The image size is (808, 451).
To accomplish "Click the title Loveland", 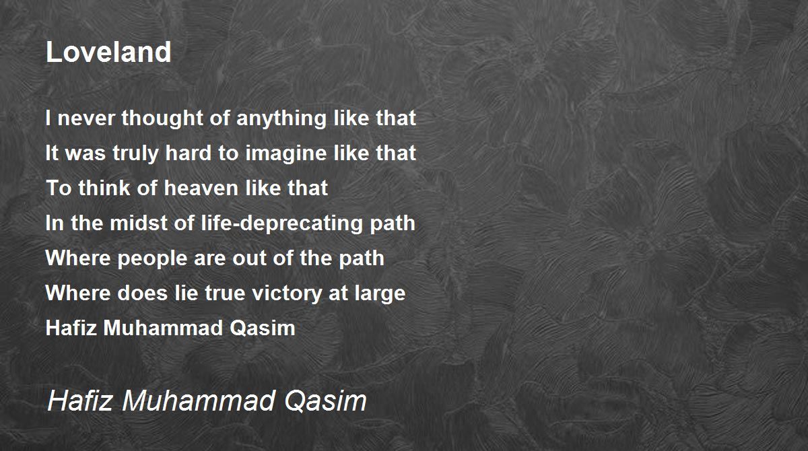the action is click(108, 52).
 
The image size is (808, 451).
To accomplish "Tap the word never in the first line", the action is click(86, 118).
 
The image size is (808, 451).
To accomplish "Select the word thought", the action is click(162, 118).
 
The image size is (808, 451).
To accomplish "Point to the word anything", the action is click(281, 118).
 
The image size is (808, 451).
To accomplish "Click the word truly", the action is click(135, 153).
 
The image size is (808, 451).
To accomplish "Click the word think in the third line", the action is click(104, 188).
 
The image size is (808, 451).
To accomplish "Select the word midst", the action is click(139, 223).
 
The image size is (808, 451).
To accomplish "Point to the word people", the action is click(152, 259).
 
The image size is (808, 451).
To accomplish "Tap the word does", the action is click(143, 293).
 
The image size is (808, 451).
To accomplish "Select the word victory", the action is click(287, 293).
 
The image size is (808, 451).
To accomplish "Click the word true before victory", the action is click(226, 293).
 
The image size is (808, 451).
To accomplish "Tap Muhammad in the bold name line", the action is click(163, 328).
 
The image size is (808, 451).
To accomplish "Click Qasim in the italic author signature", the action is click(325, 401).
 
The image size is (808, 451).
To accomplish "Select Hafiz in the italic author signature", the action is click(80, 401).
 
